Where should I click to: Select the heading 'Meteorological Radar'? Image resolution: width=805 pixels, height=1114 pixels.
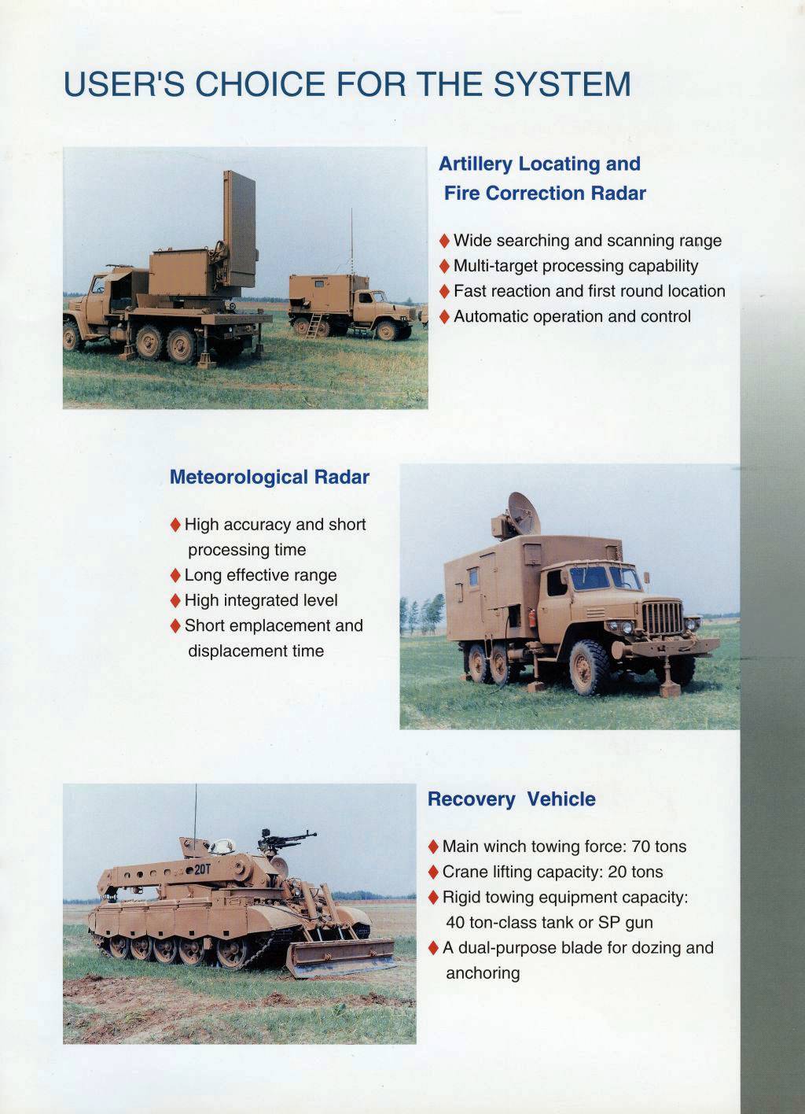tap(269, 478)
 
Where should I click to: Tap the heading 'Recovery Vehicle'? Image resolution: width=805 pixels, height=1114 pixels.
tap(511, 799)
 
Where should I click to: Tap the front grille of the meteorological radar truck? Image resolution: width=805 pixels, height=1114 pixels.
tap(663, 618)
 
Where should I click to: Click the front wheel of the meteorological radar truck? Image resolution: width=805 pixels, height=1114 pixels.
tap(590, 668)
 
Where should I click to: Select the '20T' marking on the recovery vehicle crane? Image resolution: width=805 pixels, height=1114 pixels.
tap(202, 869)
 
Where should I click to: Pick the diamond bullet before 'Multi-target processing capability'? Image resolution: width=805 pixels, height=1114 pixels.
tap(445, 266)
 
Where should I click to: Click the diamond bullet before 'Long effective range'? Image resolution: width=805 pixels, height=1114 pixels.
tap(175, 575)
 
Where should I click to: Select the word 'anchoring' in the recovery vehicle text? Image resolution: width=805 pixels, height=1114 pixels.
tap(483, 973)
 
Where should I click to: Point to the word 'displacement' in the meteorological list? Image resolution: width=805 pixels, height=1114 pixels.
tap(233, 651)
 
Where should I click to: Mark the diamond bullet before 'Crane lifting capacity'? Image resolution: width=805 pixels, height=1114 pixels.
tap(433, 872)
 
